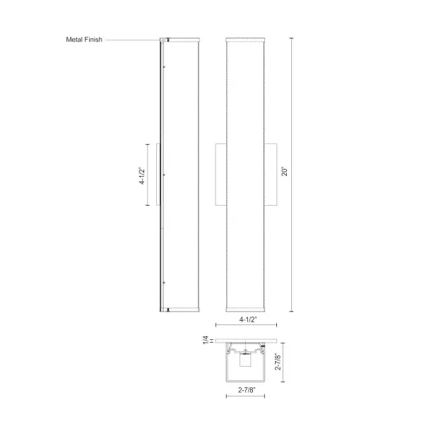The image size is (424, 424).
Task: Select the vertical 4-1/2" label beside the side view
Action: point(143,174)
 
